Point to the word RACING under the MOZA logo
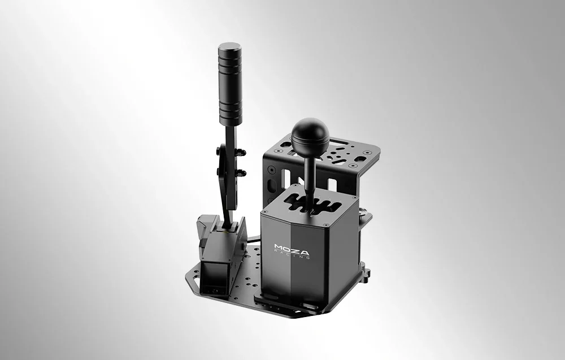pyautogui.click(x=294, y=255)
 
